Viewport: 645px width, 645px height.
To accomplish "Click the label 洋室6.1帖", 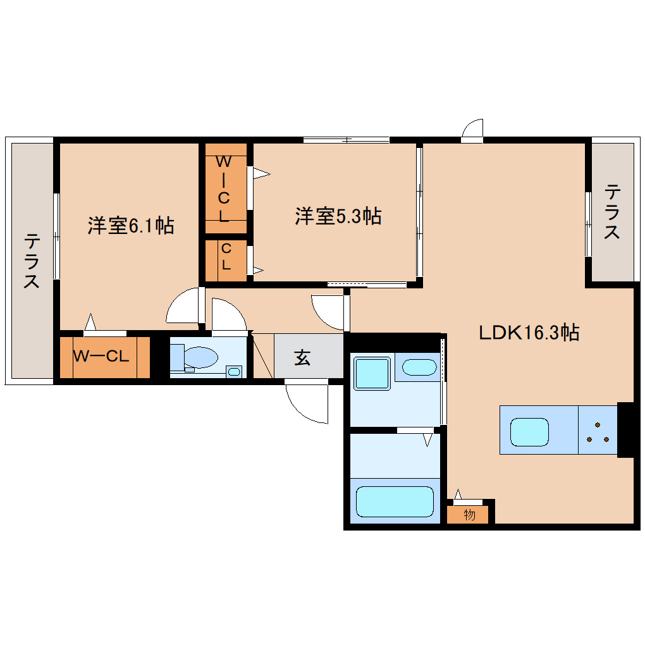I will pos(130,226).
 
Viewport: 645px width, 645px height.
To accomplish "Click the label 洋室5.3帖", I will pos(338,216).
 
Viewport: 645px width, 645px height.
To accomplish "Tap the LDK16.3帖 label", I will pos(529,332).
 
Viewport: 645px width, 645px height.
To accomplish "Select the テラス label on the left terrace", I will pos(32,261).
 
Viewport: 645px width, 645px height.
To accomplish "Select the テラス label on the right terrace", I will pos(611,212).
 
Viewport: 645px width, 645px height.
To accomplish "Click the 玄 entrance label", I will pos(302,358).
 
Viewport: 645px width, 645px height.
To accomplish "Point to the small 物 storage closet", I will pos(469,515).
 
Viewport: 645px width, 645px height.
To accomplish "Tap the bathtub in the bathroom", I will pos(395,501).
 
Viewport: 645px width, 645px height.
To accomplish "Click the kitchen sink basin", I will pos(529,431).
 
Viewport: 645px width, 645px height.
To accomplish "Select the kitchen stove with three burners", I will pos(597,430).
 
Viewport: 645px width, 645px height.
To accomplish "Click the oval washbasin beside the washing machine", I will pos(419,367).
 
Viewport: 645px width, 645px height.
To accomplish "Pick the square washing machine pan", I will pos(372,374).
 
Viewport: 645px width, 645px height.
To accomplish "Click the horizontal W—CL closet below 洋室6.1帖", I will pos(104,357).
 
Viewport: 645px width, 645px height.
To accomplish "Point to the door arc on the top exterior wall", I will pos(472,128).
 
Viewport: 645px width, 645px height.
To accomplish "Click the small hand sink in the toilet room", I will pos(234,371).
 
